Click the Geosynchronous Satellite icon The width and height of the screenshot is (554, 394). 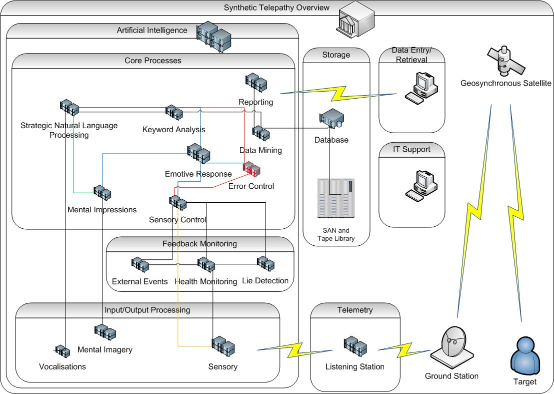tap(504, 60)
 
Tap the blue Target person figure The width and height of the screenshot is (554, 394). tap(524, 355)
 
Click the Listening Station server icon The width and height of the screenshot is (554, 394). tap(355, 345)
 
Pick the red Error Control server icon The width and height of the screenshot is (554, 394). tap(251, 169)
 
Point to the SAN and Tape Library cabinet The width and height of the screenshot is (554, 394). tap(336, 198)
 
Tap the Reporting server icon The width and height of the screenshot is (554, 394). tap(256, 83)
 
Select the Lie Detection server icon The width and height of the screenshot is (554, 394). tap(265, 263)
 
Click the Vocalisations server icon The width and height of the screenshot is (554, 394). tap(61, 351)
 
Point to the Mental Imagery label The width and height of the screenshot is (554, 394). tap(105, 349)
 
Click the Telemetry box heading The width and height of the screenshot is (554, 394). tap(355, 310)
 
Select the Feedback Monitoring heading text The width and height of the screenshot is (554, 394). tap(199, 244)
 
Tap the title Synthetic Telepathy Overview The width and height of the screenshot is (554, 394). tap(276, 8)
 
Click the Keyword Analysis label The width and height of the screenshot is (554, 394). tap(173, 130)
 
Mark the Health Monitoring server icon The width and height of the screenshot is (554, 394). tap(205, 264)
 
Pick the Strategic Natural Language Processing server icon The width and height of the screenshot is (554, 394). tap(69, 108)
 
